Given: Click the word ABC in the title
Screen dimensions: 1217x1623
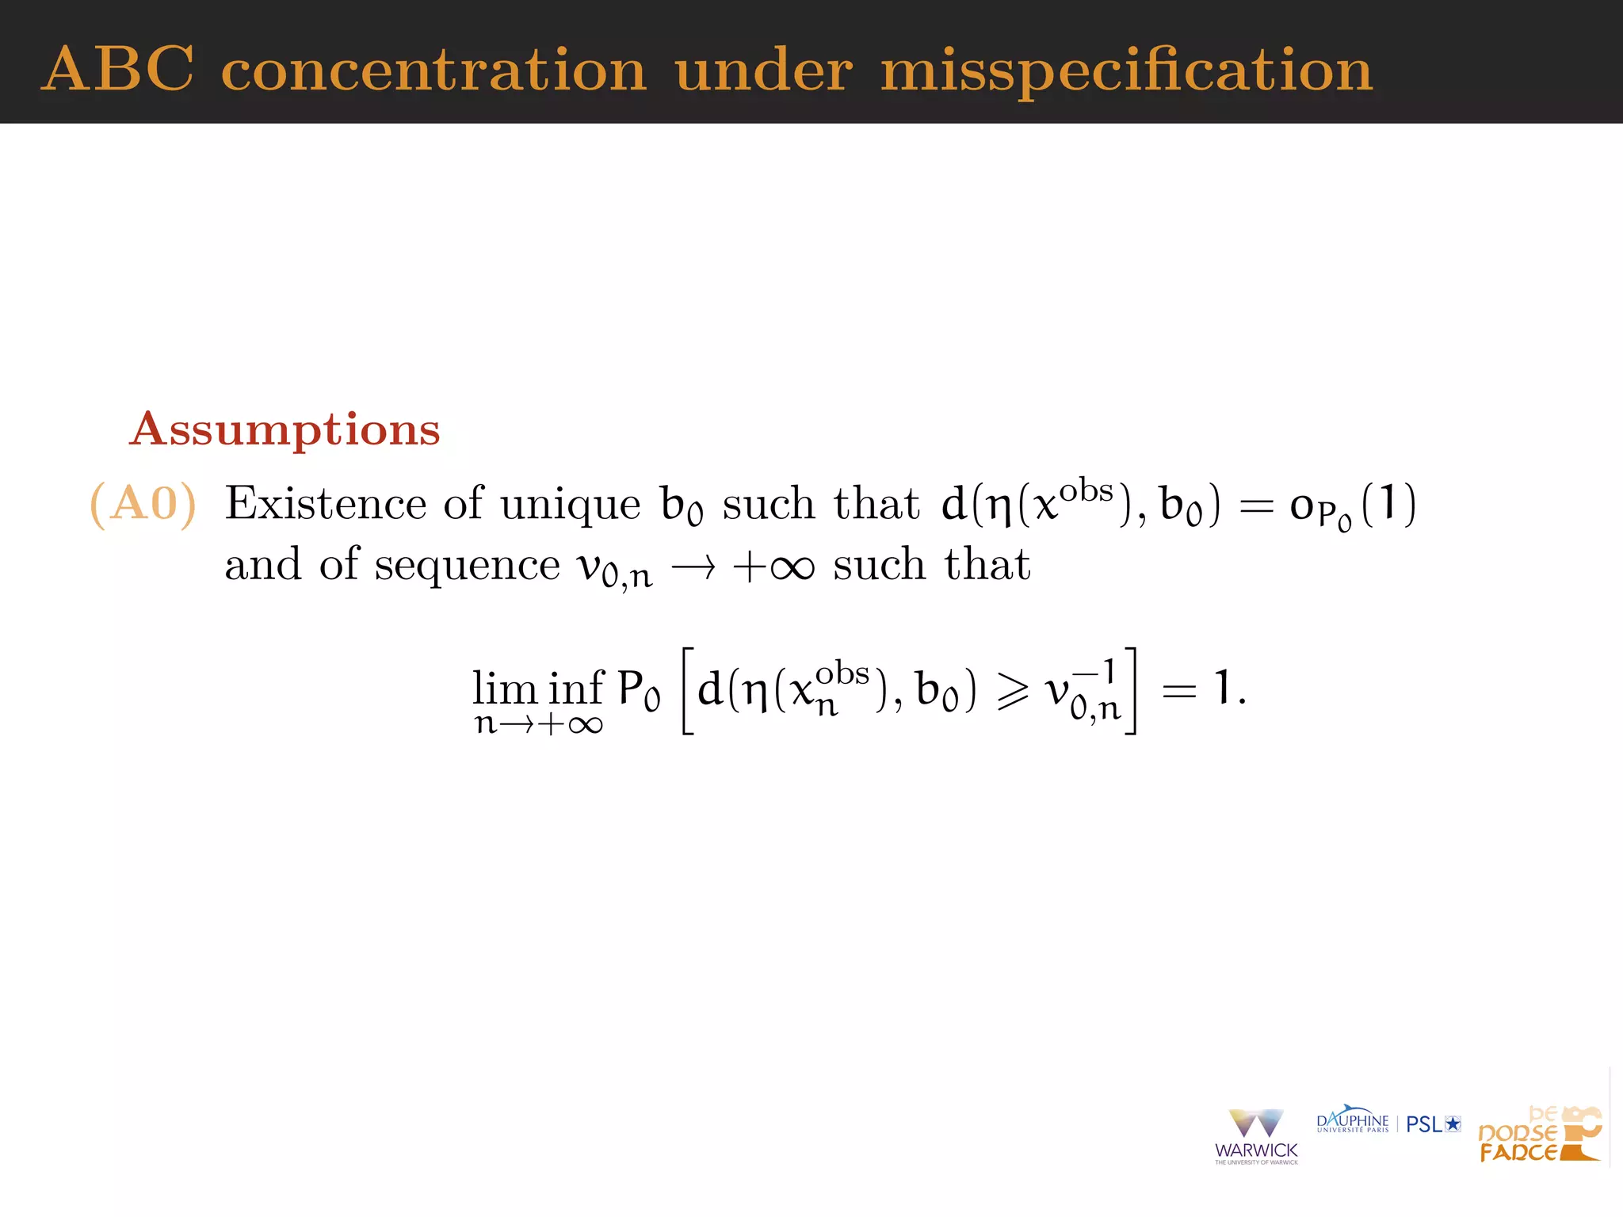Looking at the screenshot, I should click(x=117, y=69).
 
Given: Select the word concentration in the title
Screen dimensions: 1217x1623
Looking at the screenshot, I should click(x=433, y=71).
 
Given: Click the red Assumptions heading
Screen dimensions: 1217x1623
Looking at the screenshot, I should click(x=285, y=430).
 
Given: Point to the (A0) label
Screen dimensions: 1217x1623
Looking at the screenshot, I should click(x=143, y=504).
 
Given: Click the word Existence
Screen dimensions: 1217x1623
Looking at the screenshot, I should click(x=326, y=504).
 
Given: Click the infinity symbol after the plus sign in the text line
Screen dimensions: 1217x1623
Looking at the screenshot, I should click(x=792, y=567).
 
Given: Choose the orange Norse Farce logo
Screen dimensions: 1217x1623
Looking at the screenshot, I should click(x=1539, y=1135).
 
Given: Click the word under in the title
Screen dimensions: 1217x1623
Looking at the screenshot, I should click(x=764, y=71).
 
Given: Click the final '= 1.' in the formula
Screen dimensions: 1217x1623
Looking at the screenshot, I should click(x=1204, y=688).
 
